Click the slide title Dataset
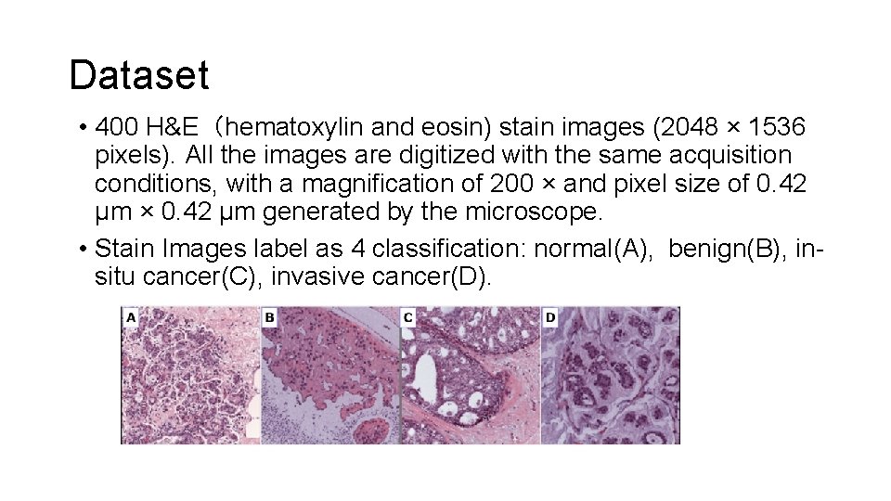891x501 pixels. coord(139,75)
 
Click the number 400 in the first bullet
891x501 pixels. coord(116,126)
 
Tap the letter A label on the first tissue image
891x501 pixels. coord(131,317)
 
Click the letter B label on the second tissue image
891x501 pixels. coord(269,317)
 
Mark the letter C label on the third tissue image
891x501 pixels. coord(408,317)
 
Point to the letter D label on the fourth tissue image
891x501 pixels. coord(550,317)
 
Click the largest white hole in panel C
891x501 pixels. coord(425,375)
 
